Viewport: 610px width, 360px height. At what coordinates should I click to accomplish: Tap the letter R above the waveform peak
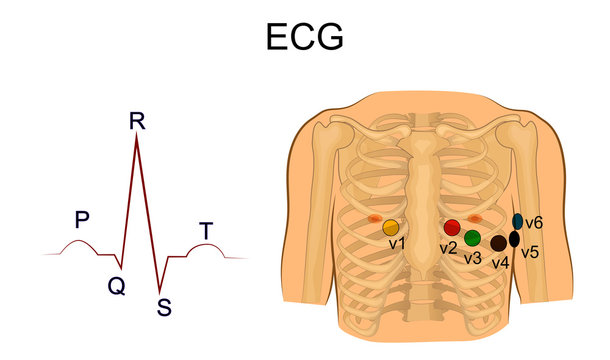click(x=137, y=122)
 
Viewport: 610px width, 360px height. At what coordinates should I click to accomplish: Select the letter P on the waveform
click(x=82, y=219)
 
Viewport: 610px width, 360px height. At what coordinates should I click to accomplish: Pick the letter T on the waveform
click(x=205, y=231)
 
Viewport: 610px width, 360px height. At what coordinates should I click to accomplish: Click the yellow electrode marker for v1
click(x=390, y=227)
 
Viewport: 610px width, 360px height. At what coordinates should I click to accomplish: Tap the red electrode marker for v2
click(x=452, y=227)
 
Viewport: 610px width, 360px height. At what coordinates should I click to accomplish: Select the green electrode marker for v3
click(x=472, y=238)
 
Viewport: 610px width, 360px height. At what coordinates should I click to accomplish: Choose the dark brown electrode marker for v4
click(x=498, y=243)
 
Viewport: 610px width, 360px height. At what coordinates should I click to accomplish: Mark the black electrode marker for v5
click(x=514, y=239)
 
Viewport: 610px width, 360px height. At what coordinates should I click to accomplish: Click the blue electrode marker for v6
click(x=518, y=220)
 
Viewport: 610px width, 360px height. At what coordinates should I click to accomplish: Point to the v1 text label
click(x=396, y=243)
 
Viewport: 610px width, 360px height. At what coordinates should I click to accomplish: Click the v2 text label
click(x=448, y=246)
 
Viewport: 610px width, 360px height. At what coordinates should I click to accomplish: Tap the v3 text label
click(x=472, y=257)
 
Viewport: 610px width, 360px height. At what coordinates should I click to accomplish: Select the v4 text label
click(x=500, y=262)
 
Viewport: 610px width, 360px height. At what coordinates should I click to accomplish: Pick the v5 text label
click(x=529, y=252)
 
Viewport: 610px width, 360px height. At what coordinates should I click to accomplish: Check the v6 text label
click(x=534, y=222)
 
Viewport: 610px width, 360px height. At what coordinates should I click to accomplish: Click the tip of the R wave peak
click(x=136, y=138)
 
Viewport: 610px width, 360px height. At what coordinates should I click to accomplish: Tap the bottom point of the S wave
click(x=160, y=290)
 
